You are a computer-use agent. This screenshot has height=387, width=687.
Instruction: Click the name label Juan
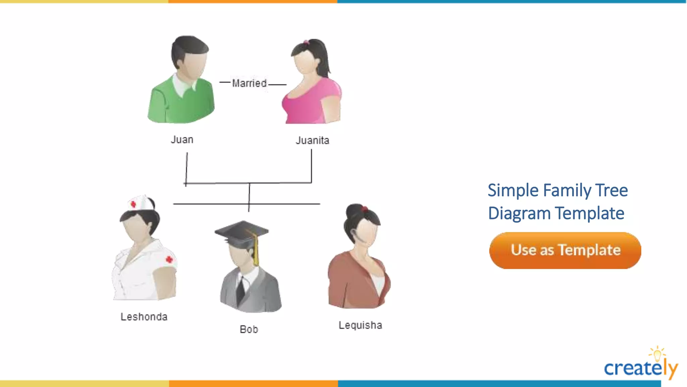click(182, 139)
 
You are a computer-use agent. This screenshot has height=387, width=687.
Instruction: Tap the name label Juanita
click(312, 140)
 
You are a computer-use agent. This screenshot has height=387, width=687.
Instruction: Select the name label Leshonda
click(144, 317)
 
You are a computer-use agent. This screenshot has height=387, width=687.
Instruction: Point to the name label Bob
click(249, 329)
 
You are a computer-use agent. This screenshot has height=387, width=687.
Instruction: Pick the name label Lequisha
click(360, 325)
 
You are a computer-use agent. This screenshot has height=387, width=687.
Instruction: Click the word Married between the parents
click(249, 83)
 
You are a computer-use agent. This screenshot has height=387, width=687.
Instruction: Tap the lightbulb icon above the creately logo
click(657, 354)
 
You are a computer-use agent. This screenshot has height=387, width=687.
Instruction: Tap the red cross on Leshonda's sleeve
click(169, 259)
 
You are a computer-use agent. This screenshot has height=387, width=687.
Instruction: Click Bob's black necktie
click(241, 290)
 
